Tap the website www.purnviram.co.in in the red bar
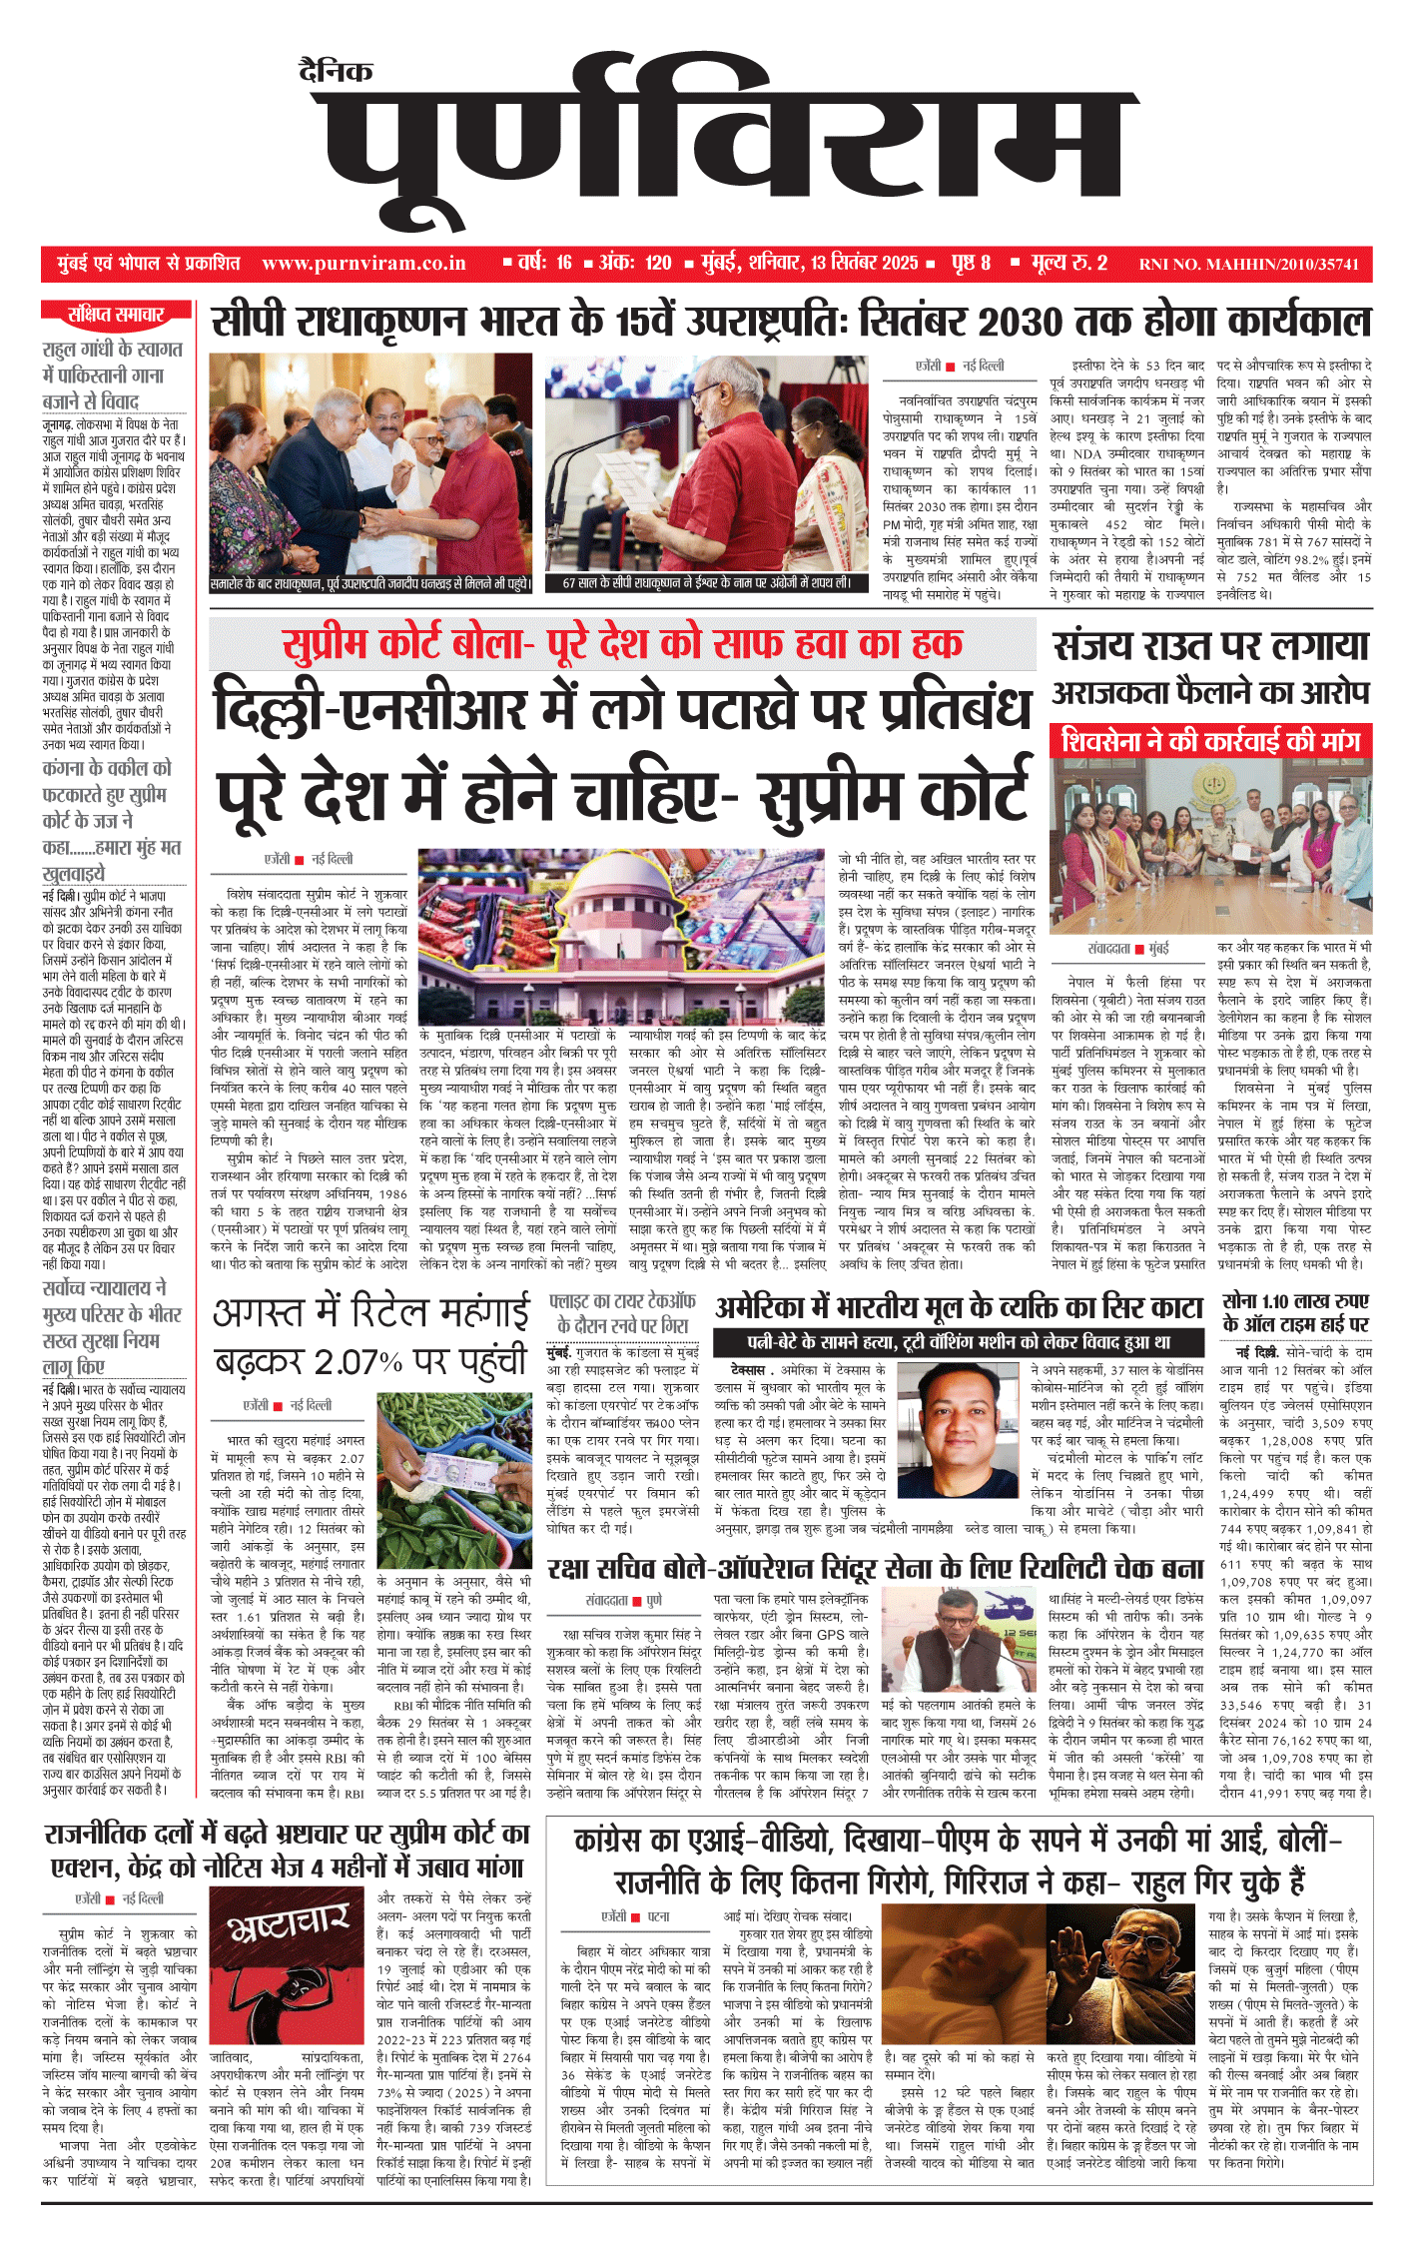(363, 264)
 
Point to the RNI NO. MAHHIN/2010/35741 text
(1248, 265)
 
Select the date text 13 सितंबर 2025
(864, 264)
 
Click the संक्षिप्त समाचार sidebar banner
(116, 316)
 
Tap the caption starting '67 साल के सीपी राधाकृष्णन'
(706, 582)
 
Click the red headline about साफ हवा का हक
(621, 644)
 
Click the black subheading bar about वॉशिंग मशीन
(959, 1342)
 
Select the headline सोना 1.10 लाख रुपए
(1295, 1312)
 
